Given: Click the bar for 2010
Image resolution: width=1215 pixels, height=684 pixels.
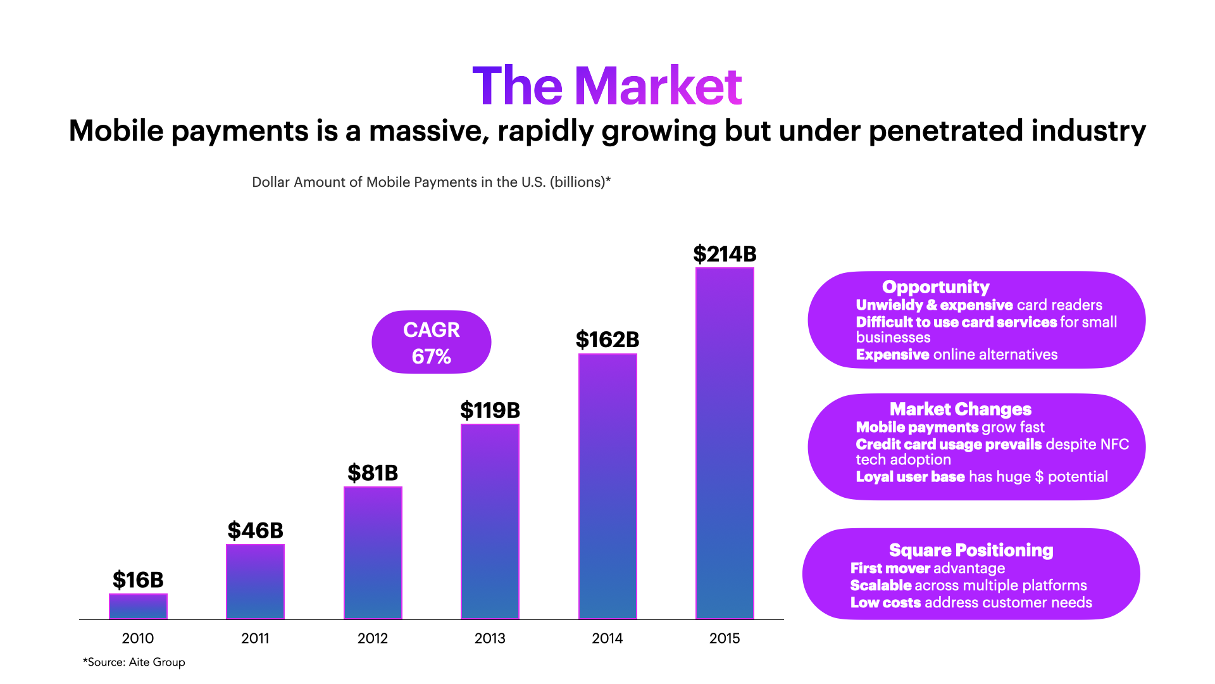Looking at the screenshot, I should point(138,606).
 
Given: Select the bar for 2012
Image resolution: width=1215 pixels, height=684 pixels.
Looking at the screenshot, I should point(373,552).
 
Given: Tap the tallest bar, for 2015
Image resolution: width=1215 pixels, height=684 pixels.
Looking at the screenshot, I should point(725,443).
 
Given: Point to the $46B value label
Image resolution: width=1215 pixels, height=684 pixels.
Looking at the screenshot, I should point(255,531).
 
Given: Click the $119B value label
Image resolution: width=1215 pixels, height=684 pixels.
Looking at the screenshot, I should point(490,410).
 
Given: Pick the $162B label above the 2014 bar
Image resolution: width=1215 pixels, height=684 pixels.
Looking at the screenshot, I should point(607,340).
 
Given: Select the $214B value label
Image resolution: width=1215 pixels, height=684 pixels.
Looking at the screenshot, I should point(725,254).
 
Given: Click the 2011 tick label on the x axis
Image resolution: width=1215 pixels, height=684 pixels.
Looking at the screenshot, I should point(255,638).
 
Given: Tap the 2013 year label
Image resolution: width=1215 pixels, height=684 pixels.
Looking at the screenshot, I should point(490,638).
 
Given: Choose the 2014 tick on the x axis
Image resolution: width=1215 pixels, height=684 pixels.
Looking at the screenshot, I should point(607,638).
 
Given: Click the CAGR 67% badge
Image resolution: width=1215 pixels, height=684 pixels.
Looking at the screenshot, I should point(432,342).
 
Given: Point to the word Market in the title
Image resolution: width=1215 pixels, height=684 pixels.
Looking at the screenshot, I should point(658,86).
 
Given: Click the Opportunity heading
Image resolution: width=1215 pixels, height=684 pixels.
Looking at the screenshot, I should point(935,287).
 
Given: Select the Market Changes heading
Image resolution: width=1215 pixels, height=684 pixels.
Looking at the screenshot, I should point(960,409).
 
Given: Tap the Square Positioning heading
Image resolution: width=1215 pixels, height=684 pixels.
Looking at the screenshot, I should point(971,550).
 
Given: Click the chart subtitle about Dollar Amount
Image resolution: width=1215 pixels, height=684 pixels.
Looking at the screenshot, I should point(431,182).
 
